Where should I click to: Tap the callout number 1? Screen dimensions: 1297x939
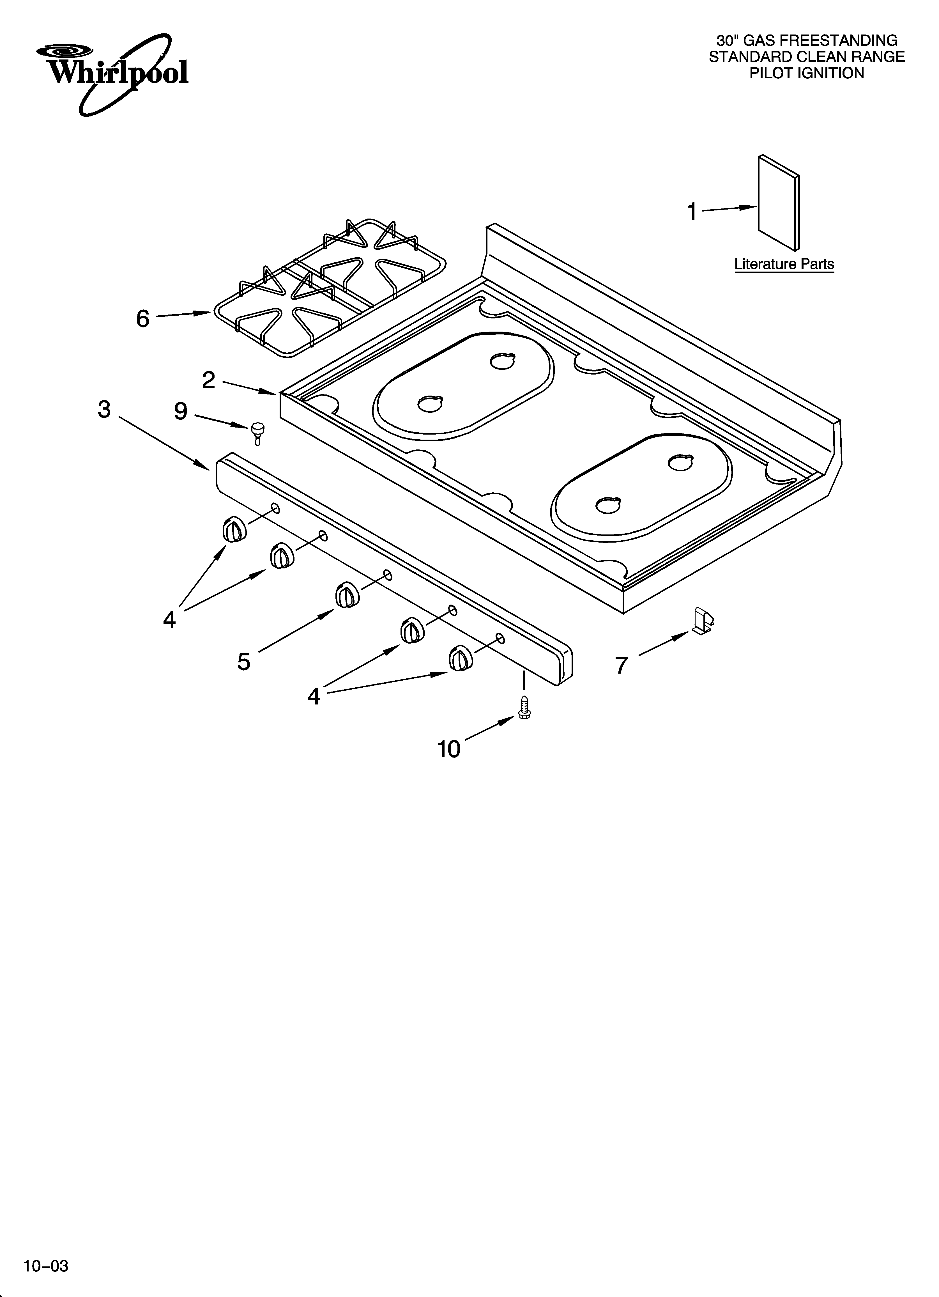point(692,212)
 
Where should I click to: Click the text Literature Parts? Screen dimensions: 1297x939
point(784,264)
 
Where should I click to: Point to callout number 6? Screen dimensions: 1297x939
point(142,318)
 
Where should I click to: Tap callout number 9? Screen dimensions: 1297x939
point(181,411)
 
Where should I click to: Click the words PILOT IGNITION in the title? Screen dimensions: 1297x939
point(807,73)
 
